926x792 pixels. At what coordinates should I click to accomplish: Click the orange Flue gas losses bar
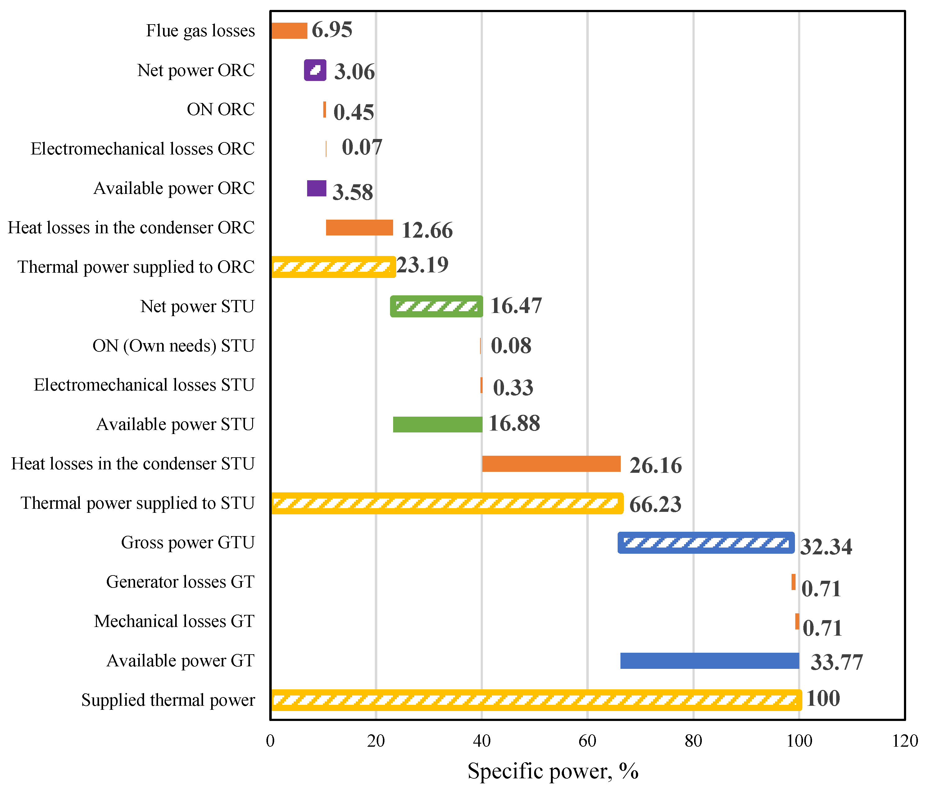coord(289,31)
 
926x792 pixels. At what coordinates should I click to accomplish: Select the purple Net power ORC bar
coord(315,70)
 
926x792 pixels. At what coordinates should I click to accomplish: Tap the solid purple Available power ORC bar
coord(316,188)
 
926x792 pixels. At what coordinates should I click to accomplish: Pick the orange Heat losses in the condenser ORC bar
coord(359,228)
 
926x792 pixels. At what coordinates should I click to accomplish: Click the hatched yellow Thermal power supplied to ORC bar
coord(334,267)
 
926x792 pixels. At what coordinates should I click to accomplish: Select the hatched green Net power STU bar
coord(437,306)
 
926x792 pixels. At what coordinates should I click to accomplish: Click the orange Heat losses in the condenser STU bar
coord(552,464)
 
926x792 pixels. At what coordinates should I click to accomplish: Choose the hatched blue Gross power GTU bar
coord(706,543)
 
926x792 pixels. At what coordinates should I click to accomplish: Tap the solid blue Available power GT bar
coord(710,661)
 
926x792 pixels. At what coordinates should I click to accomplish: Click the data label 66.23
coord(655,504)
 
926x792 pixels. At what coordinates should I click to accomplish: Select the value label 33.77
coord(837,662)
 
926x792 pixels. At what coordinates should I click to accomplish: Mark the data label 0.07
coord(362,147)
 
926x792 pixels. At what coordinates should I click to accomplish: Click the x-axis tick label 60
coord(587,741)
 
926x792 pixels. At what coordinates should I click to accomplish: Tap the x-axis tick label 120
coord(905,741)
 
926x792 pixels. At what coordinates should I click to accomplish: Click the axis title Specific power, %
coord(553,771)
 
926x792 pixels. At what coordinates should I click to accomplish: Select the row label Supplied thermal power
coord(168,700)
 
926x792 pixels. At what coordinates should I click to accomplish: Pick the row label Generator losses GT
coord(180,582)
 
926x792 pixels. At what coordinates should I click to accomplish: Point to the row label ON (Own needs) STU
coord(173,346)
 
